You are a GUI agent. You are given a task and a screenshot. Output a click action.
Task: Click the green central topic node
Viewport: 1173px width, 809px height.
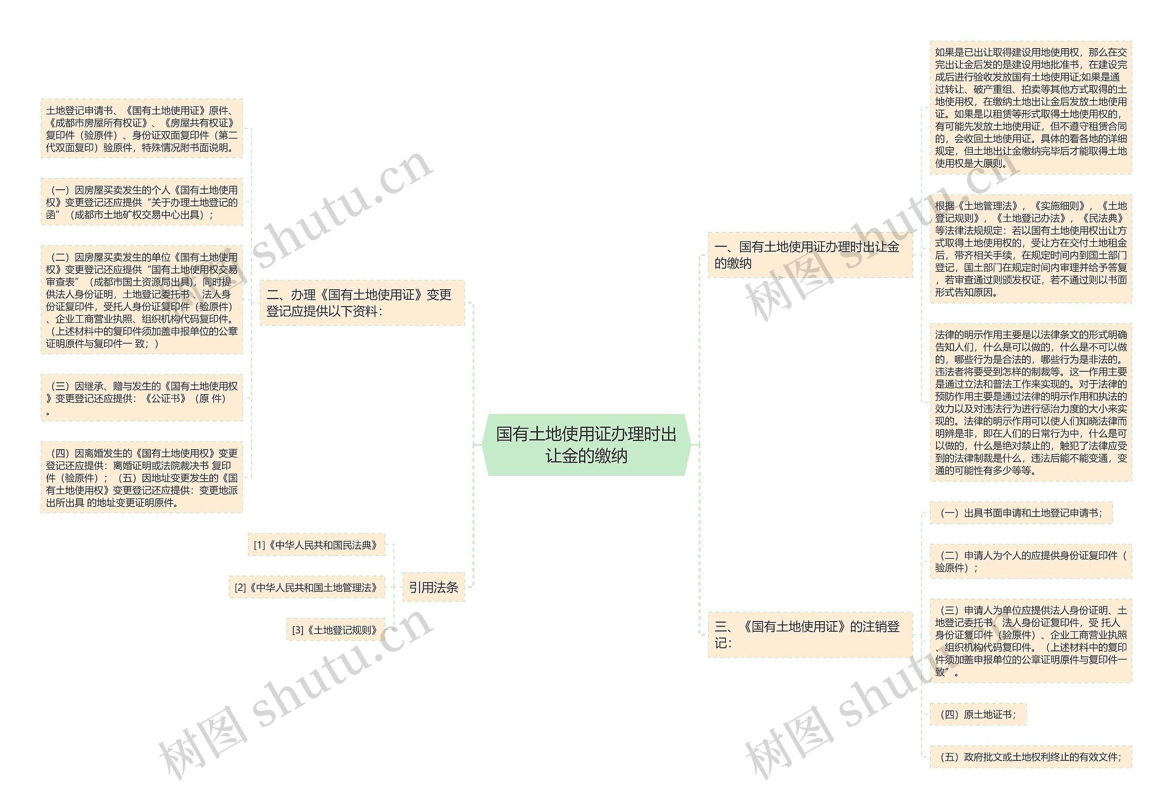pos(586,445)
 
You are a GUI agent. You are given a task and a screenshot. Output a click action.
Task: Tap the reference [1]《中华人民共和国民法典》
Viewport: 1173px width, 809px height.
pos(316,545)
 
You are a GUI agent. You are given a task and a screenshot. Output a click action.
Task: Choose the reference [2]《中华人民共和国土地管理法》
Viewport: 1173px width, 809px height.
pos(307,588)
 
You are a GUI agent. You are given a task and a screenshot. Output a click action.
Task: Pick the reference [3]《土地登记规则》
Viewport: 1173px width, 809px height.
pos(335,630)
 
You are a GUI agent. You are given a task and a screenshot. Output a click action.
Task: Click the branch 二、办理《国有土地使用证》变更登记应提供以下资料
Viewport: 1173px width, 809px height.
pos(362,303)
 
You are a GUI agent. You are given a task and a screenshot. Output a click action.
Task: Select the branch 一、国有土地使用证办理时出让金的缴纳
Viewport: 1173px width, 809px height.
pos(809,255)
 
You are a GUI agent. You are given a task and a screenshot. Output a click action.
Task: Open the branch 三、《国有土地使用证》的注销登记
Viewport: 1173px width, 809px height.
pos(809,635)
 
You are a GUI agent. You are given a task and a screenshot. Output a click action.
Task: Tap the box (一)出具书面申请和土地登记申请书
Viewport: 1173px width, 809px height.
pos(1020,513)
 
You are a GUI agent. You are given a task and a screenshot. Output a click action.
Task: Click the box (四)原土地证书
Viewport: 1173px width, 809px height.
pos(977,714)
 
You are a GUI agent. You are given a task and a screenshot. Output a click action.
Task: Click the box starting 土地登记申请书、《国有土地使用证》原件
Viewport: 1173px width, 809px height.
pos(142,129)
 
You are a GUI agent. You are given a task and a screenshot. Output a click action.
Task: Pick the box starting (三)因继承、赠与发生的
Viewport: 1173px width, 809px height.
pos(142,398)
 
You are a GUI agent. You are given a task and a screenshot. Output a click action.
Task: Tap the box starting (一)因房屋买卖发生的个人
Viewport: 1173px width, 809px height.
pos(142,202)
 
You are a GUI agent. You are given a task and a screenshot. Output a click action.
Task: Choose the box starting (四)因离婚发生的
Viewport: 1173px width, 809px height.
pos(142,478)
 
